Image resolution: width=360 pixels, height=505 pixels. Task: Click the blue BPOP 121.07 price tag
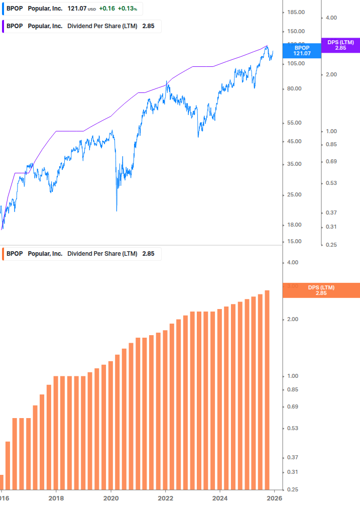click(x=302, y=50)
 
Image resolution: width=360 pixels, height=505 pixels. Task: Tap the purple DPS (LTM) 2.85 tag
click(x=340, y=45)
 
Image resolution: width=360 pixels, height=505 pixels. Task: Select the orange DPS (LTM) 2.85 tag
click(x=321, y=290)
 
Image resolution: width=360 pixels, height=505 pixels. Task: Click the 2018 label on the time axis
click(x=56, y=498)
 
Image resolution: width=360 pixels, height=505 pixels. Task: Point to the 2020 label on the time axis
click(x=110, y=498)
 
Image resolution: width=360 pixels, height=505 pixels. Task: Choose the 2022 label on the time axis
click(x=165, y=498)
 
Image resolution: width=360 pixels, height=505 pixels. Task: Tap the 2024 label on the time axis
click(x=219, y=498)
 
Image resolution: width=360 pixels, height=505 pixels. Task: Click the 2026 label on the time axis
click(x=274, y=498)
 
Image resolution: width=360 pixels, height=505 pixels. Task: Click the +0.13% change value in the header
click(x=128, y=9)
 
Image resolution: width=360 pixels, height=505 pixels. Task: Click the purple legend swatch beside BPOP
click(x=4, y=26)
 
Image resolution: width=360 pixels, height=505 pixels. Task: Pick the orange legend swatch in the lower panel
click(x=4, y=254)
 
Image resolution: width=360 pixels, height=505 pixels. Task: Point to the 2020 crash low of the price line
click(x=116, y=211)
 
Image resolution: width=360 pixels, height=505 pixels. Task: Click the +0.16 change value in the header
click(x=106, y=9)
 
